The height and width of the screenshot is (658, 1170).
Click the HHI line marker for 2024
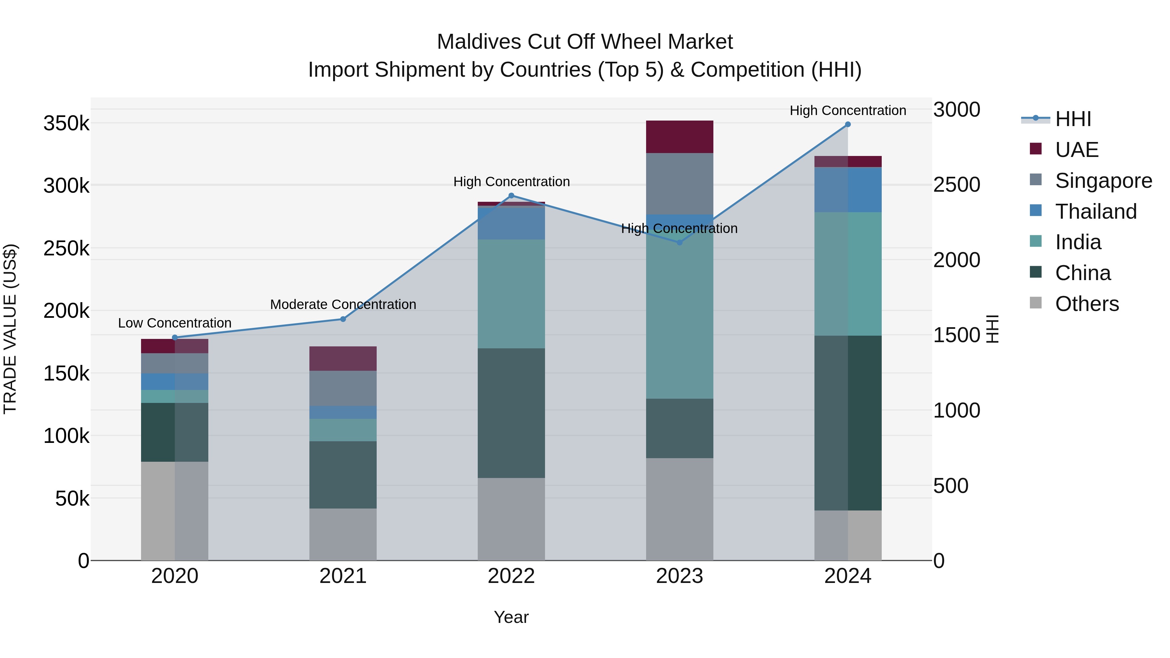[x=848, y=124]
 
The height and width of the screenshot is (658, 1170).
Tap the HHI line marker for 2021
[x=343, y=319]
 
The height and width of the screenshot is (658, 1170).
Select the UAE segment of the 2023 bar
[x=680, y=137]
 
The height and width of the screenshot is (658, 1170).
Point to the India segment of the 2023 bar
[x=680, y=318]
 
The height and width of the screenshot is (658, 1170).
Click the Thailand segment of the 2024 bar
[x=848, y=189]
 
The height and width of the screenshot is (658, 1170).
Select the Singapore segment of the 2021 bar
[x=343, y=388]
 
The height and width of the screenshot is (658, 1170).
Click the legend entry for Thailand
[x=1096, y=212]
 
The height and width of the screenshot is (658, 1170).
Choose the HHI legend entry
[x=1073, y=119]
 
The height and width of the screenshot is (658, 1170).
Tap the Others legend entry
[x=1087, y=304]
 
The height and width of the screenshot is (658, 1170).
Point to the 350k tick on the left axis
[x=66, y=123]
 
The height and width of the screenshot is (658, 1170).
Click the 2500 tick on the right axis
[x=956, y=185]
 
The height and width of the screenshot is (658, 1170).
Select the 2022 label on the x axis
[x=511, y=576]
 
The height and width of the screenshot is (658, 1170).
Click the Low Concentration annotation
[x=175, y=323]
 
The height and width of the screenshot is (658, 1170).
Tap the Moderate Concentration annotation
[x=343, y=304]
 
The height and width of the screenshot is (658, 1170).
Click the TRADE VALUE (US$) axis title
[x=10, y=329]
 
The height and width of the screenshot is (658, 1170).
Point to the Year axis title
[x=511, y=617]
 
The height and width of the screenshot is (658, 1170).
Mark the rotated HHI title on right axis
[x=993, y=329]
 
